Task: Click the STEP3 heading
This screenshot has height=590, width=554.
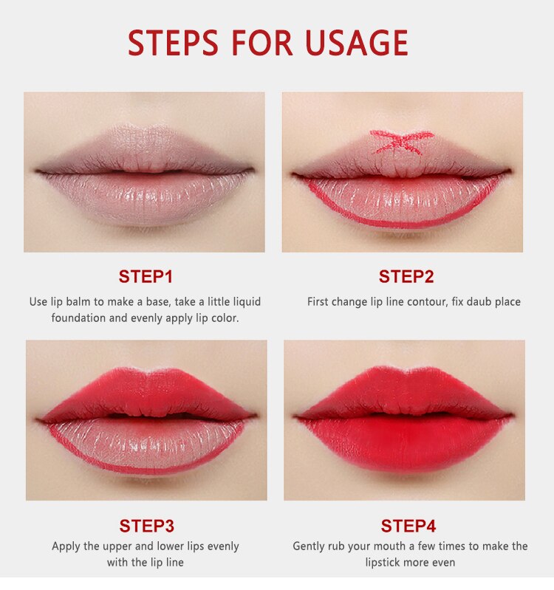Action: (x=146, y=526)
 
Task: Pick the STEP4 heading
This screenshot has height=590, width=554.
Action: (x=408, y=526)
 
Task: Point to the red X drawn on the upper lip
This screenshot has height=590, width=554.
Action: (x=401, y=142)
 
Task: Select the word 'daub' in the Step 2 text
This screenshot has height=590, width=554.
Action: (x=478, y=302)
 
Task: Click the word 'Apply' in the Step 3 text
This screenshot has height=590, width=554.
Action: (x=66, y=546)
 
